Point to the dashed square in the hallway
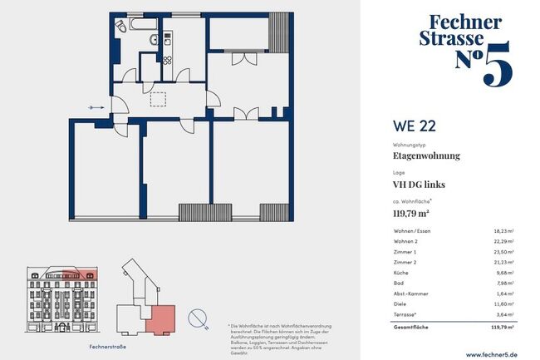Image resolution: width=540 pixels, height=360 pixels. coord(159,99)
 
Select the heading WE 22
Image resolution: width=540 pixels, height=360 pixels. coord(414,127)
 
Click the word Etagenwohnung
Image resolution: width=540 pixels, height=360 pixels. coord(425,155)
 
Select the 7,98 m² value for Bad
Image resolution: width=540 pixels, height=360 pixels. coord(503,283)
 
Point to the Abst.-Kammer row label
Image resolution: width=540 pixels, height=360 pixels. coord(411,293)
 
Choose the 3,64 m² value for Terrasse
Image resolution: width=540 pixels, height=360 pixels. coord(503,315)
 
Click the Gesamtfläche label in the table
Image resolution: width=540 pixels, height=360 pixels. coord(413,328)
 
